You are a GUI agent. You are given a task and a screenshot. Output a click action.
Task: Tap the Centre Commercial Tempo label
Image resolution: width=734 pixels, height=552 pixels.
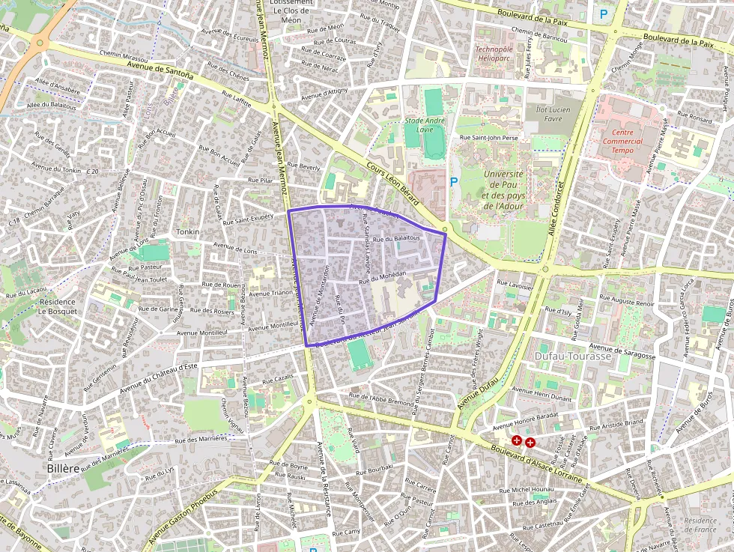pos(622,141)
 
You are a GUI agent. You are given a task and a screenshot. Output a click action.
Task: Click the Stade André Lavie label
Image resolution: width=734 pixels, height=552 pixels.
pos(425,124)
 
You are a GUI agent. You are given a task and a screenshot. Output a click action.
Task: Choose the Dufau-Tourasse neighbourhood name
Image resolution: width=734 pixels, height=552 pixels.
pos(573,357)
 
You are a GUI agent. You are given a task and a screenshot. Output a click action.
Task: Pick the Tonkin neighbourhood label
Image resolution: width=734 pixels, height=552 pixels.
pos(187,232)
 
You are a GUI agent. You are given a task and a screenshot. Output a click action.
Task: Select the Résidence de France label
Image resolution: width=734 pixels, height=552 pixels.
pos(700,525)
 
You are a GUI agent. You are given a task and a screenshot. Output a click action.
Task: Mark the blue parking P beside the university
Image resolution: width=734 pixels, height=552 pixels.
pos(452,181)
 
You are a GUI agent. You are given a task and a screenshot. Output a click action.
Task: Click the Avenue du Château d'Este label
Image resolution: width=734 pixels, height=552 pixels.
pos(159,375)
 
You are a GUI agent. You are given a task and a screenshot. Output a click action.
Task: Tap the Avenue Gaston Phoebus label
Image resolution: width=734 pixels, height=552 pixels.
pos(182,516)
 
